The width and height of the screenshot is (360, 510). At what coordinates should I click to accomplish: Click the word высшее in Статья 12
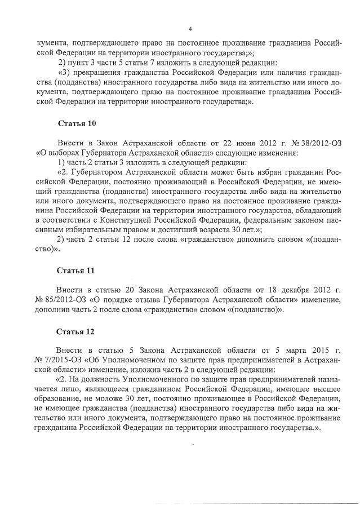pos(324,388)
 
